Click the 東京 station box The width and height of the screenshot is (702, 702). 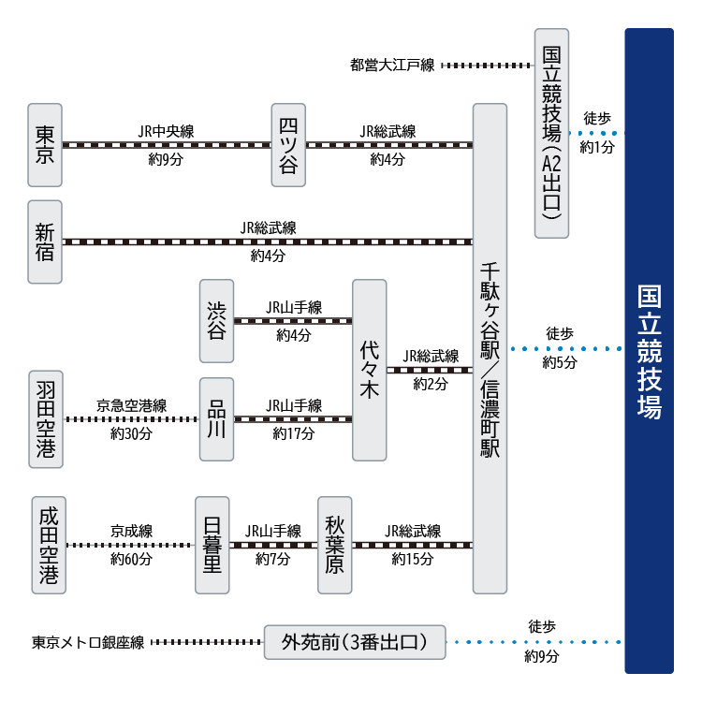[x=44, y=145]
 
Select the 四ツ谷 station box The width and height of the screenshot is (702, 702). [x=288, y=145]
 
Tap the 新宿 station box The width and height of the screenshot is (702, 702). [x=44, y=241]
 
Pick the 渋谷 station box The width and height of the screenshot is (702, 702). [x=217, y=321]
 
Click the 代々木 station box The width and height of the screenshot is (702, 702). [x=369, y=370]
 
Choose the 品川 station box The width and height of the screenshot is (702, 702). [x=217, y=418]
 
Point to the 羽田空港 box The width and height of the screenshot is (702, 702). [x=44, y=418]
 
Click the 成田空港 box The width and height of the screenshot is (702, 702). [x=48, y=545]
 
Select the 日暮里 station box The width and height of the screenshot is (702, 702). [x=212, y=545]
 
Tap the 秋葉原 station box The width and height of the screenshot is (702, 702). [x=335, y=545]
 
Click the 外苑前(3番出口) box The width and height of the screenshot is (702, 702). [x=355, y=642]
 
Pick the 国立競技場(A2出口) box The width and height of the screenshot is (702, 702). [x=551, y=133]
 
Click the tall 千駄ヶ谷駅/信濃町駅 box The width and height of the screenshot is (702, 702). [x=490, y=348]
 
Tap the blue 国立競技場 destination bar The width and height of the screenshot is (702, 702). [x=649, y=351]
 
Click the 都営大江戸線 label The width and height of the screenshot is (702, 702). [x=392, y=66]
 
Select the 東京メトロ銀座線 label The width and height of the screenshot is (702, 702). [x=88, y=643]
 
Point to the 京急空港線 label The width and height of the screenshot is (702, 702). [x=131, y=406]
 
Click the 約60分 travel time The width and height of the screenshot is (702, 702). [x=131, y=560]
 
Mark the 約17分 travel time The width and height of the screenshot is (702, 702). [x=293, y=433]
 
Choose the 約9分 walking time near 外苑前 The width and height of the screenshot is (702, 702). [x=542, y=657]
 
